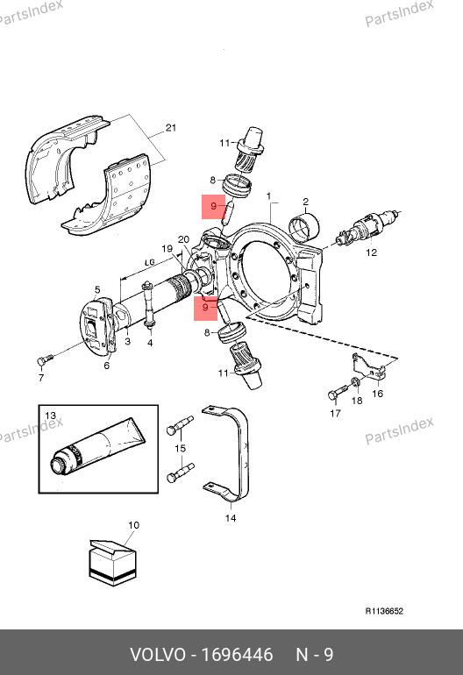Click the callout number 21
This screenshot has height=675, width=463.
point(171,128)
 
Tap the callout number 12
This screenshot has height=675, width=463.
point(371,252)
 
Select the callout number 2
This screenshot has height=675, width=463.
point(305,202)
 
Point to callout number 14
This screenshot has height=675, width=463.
point(231,518)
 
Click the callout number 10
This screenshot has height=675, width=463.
point(134,525)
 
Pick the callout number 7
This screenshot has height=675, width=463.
point(41,378)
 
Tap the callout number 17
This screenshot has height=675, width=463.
point(335,413)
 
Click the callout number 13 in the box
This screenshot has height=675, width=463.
point(51,416)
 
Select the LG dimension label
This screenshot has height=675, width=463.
point(149,262)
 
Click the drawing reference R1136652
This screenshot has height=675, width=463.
point(384,611)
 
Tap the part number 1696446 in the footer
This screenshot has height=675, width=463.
point(238,655)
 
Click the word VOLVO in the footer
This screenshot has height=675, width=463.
point(158,655)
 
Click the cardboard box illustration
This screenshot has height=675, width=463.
point(112,562)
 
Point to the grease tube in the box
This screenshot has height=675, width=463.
point(97,446)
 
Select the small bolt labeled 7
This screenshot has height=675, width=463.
point(45,359)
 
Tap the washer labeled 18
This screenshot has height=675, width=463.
point(355,382)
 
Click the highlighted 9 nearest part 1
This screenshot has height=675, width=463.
point(214,207)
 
